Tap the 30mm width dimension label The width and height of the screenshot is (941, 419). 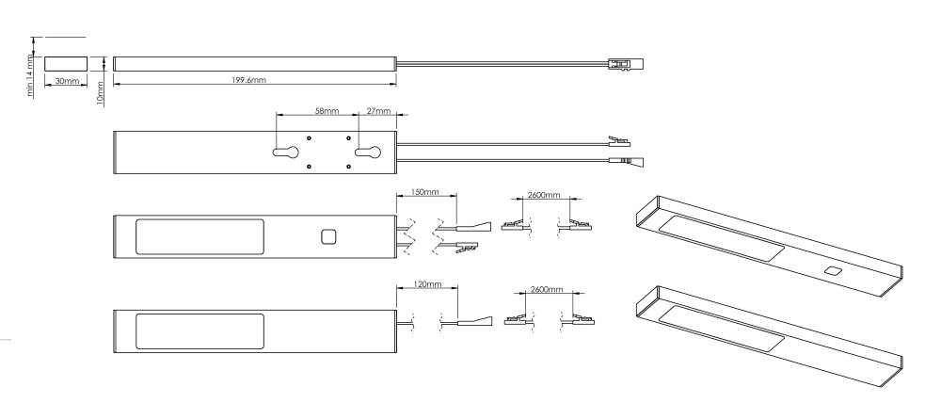tap(66, 80)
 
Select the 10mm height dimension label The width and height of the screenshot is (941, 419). tap(101, 92)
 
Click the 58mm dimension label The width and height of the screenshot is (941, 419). tap(327, 111)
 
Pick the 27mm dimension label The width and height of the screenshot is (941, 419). tap(378, 111)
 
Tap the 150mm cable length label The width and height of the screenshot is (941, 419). tap(425, 192)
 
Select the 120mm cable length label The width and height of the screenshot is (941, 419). tap(426, 284)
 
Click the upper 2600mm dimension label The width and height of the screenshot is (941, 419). tap(543, 195)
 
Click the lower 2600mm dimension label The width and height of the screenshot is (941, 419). tap(547, 290)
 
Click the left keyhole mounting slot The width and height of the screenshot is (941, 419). tap(286, 153)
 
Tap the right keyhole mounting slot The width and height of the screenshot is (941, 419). tap(368, 153)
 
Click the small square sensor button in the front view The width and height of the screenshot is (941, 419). tap(328, 237)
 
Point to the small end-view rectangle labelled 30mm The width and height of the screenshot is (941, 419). tap(66, 64)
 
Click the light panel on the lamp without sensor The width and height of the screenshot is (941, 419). tap(199, 330)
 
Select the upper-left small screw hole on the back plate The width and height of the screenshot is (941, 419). tap(309, 138)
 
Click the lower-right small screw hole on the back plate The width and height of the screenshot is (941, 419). tap(348, 167)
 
